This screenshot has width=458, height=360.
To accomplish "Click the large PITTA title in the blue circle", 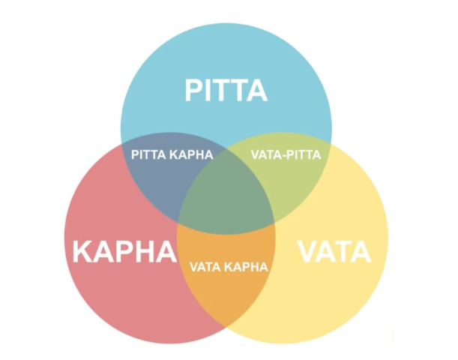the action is pyautogui.click(x=226, y=91).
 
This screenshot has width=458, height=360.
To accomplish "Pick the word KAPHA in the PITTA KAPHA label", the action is pyautogui.click(x=193, y=155).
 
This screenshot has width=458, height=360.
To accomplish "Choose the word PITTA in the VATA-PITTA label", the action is pyautogui.click(x=304, y=155).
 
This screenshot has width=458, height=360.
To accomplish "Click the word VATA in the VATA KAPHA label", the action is pyautogui.click(x=206, y=266).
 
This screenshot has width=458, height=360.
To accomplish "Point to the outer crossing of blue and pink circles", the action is pyautogui.click(x=123, y=139).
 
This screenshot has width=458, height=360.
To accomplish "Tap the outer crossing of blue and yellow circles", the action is pyautogui.click(x=329, y=139).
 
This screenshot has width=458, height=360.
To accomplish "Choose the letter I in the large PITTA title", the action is pyautogui.click(x=211, y=91).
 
